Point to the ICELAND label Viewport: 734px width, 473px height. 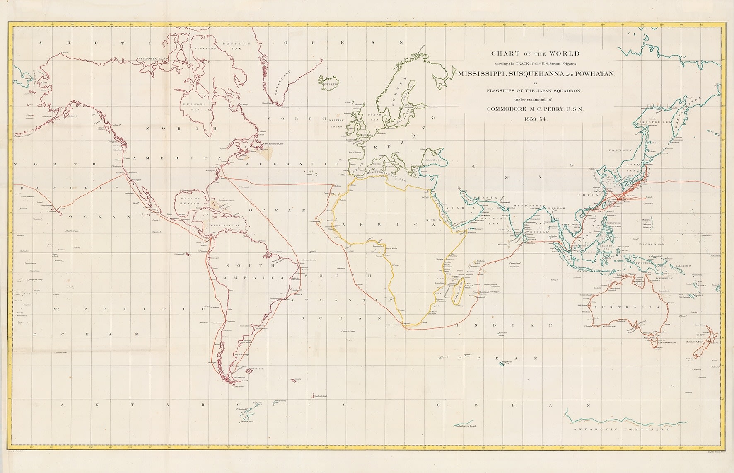point(331,83)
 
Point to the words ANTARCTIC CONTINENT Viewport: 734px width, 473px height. point(621,429)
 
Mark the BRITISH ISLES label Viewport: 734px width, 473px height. point(337,122)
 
